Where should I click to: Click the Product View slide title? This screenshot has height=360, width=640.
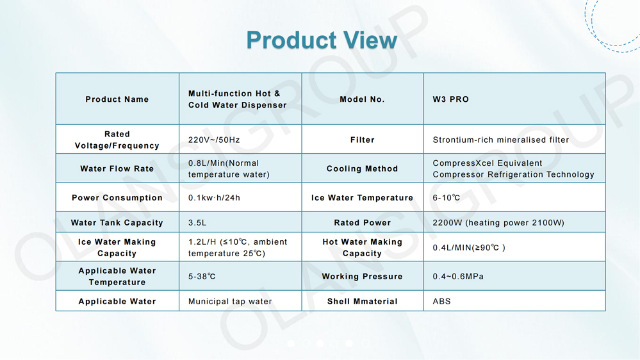coord(322,40)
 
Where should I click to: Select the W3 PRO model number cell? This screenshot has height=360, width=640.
coord(450,99)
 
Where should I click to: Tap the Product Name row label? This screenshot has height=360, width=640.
coord(117,99)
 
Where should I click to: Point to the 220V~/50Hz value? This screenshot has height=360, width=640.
coord(214,140)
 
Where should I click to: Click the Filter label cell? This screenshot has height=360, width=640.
coord(363,140)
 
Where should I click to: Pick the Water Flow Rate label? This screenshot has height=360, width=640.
coord(117,168)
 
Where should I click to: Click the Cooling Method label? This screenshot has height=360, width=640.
coord(363,168)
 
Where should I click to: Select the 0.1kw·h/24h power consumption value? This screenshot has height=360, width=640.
coord(214,197)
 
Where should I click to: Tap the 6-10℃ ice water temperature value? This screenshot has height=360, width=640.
coord(447,197)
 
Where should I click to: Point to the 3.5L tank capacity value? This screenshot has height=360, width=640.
coord(197,222)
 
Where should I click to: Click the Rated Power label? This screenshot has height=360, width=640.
coord(363,222)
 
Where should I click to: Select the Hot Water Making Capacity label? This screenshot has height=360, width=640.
coord(363,247)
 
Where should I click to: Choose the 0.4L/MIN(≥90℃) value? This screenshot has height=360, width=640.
coord(469,247)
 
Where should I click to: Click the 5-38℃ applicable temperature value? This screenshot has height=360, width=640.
coord(202,276)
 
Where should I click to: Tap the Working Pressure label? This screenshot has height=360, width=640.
coord(363,276)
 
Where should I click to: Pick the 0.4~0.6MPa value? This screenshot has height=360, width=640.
coord(458,276)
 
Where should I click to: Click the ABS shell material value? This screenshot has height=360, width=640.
coord(441,301)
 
